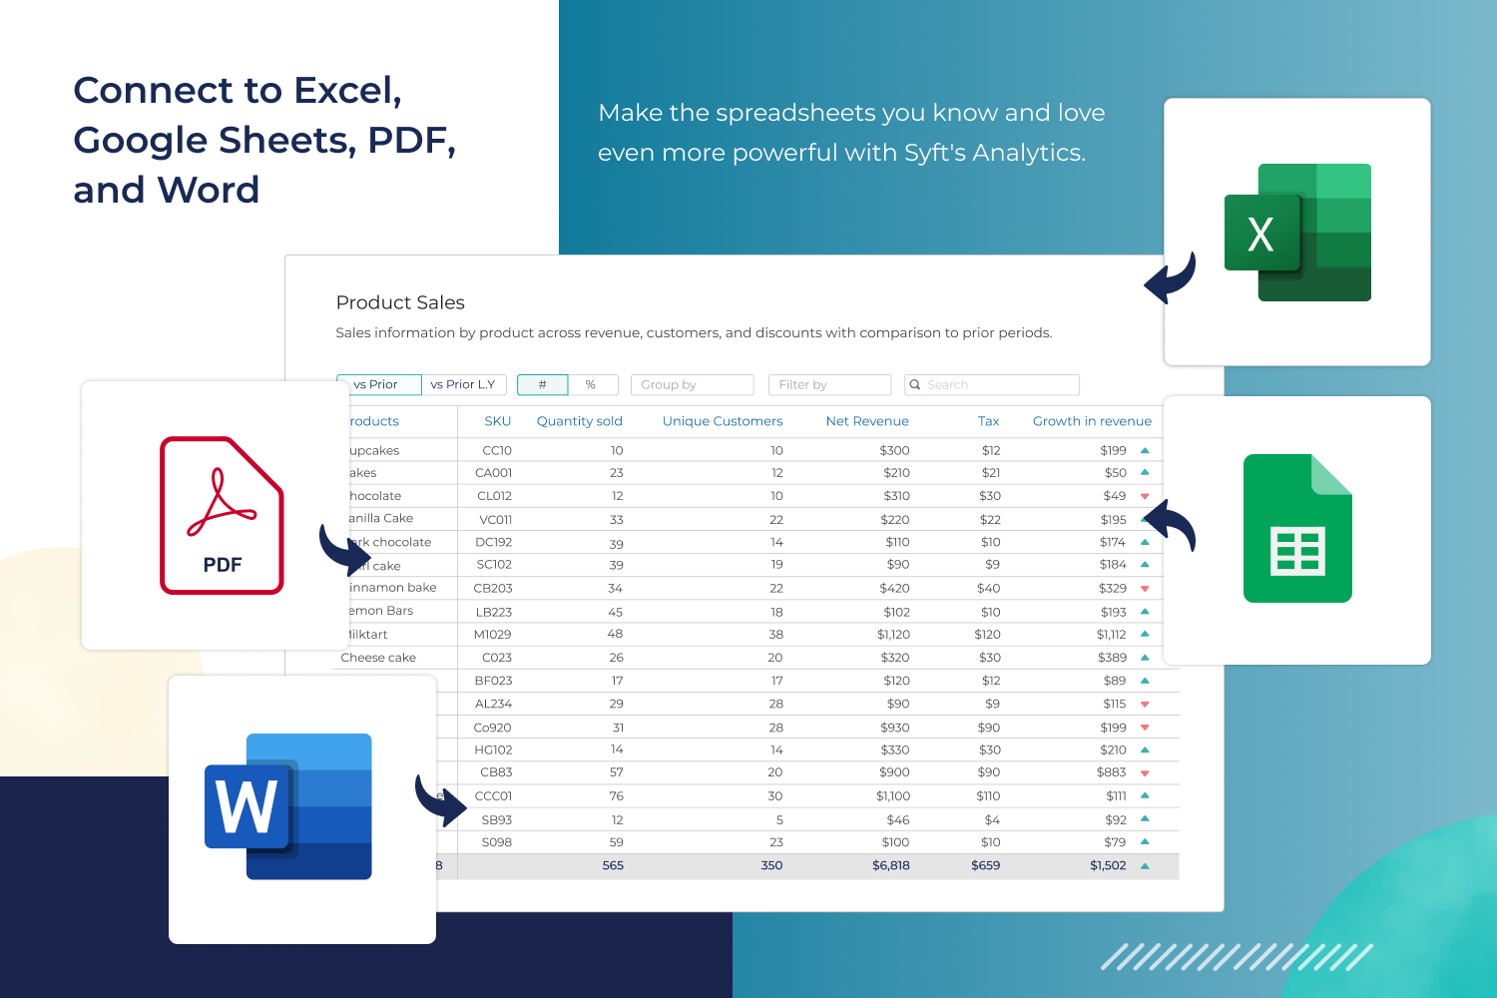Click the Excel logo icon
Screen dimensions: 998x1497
[1297, 233]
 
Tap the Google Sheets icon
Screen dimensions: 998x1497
[1297, 528]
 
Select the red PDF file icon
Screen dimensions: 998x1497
[222, 515]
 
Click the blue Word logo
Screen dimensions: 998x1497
[288, 806]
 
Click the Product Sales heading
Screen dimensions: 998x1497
[400, 302]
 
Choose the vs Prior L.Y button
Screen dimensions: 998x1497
[463, 384]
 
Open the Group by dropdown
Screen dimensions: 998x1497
[692, 384]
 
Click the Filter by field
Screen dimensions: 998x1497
[828, 384]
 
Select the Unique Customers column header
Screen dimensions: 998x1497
[723, 421]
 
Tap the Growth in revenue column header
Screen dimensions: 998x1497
[1092, 421]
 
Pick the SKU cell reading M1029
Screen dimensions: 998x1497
[492, 635]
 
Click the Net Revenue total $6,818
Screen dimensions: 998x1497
[890, 865]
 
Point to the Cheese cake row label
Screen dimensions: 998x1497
[378, 658]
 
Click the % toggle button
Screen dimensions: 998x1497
[591, 384]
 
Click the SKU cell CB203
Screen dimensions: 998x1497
[493, 588]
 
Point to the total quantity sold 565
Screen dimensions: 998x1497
[613, 865]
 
